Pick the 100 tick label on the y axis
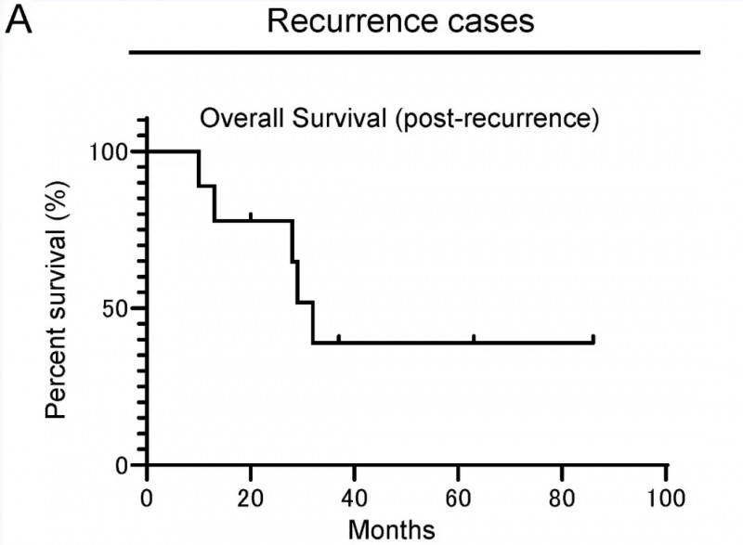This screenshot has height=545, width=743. pyautogui.click(x=115, y=151)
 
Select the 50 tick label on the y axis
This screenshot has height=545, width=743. pyautogui.click(x=122, y=308)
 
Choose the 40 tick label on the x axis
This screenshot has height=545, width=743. pyautogui.click(x=354, y=493)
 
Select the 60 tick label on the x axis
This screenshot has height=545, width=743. pyautogui.click(x=458, y=493)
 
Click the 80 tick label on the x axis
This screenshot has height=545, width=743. pyautogui.click(x=562, y=493)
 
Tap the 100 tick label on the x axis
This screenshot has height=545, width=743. pyautogui.click(x=665, y=493)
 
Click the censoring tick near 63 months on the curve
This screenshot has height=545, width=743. pyautogui.click(x=475, y=338)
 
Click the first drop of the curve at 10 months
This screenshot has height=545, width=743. pyautogui.click(x=199, y=168)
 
